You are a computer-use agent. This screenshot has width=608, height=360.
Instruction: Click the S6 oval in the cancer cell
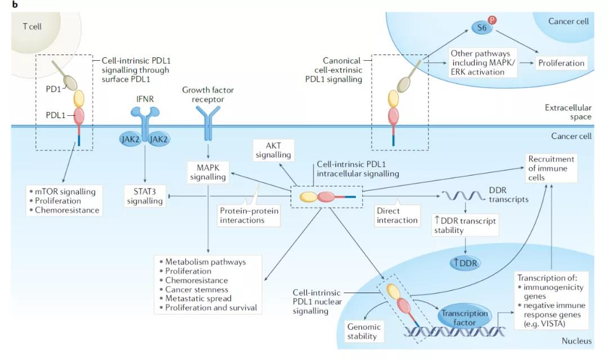click(480, 26)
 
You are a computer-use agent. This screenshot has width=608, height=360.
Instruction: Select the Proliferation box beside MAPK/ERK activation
click(561, 63)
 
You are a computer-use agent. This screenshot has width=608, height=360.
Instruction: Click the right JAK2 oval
click(159, 139)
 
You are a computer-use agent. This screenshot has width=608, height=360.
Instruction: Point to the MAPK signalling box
click(208, 172)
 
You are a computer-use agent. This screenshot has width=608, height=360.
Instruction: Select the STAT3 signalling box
click(145, 196)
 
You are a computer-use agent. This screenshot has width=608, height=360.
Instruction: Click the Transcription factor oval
click(465, 318)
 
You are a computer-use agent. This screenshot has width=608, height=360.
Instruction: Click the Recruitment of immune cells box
click(551, 168)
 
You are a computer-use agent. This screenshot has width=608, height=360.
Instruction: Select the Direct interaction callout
click(397, 215)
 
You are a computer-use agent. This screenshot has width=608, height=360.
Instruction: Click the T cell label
click(32, 26)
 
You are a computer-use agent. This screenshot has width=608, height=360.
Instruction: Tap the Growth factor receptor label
click(208, 94)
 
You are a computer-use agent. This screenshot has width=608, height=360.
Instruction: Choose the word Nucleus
click(576, 341)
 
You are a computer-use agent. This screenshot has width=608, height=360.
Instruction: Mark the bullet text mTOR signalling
click(65, 191)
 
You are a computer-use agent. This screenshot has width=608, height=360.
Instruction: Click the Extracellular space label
click(568, 112)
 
